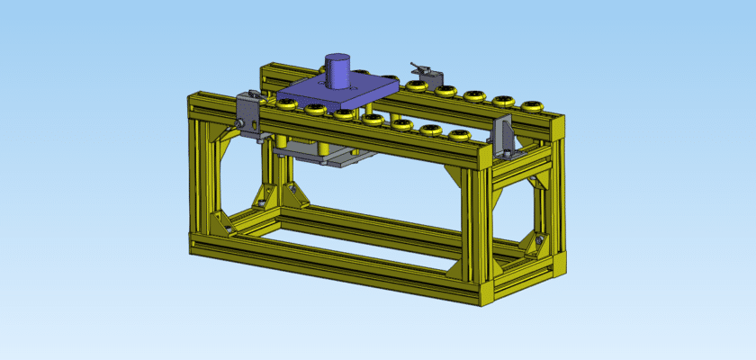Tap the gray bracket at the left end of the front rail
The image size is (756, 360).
tap(249, 113)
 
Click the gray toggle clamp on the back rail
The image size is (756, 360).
tap(423, 69)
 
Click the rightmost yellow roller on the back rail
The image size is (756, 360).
tap(534, 106)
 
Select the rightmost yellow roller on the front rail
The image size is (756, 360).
tap(460, 135)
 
